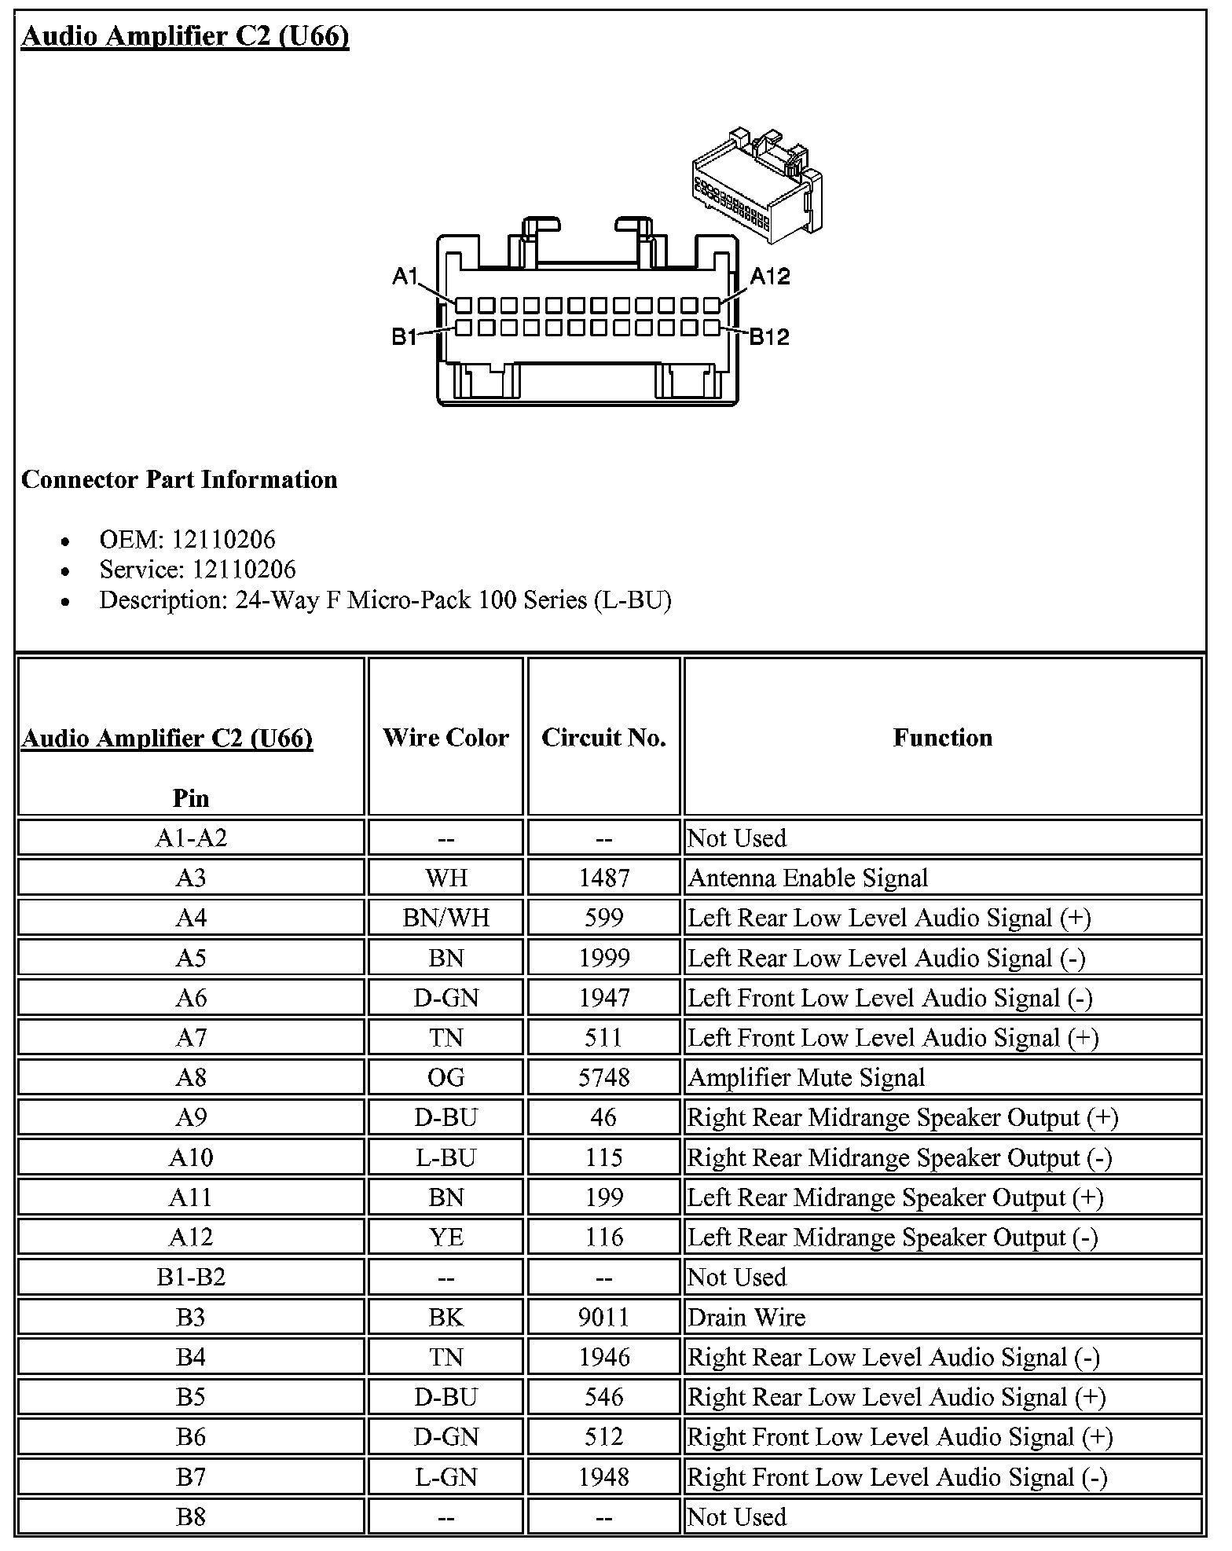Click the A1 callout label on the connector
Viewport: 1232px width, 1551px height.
(x=405, y=276)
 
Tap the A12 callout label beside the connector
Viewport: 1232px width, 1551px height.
(x=770, y=276)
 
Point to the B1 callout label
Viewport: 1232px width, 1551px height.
(x=405, y=337)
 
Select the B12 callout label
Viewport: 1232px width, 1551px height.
(x=769, y=337)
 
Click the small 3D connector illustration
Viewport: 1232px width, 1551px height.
(x=757, y=185)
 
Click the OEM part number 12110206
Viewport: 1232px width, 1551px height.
(x=224, y=539)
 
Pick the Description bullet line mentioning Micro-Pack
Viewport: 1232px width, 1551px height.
(x=385, y=600)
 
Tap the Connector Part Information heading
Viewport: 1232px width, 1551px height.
(x=179, y=479)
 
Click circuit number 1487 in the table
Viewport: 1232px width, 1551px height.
(x=603, y=878)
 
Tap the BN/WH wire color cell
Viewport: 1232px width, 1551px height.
(x=445, y=918)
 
